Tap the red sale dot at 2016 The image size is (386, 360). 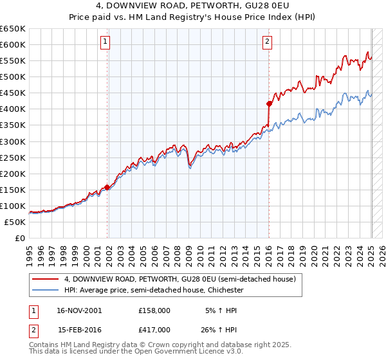[x=270, y=103]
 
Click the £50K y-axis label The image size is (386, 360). [x=15, y=222]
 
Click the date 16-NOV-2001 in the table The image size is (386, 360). [x=79, y=310]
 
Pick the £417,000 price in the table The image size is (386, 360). [x=154, y=329]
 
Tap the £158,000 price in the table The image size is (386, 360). [x=154, y=310]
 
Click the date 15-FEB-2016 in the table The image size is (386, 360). [x=79, y=329]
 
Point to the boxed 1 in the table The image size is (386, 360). [x=32, y=310]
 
